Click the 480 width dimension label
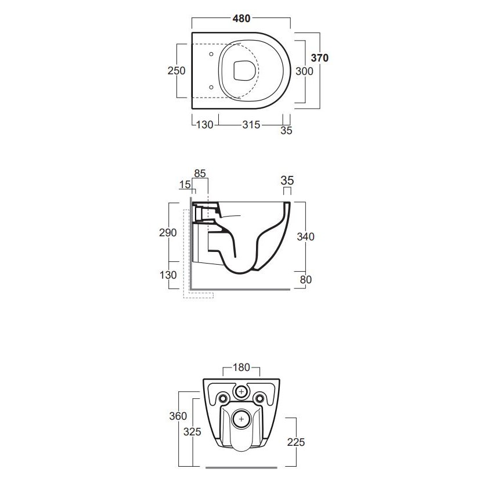tap(241, 19)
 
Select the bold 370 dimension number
tap(320, 58)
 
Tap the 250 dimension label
tap(176, 71)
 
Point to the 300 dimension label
tap(304, 71)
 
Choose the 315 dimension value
tap(251, 125)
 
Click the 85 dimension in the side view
tap(200, 174)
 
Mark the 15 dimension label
tap(185, 185)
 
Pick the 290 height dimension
tap(168, 233)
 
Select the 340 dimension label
tap(305, 237)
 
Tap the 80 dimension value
tap(306, 280)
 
